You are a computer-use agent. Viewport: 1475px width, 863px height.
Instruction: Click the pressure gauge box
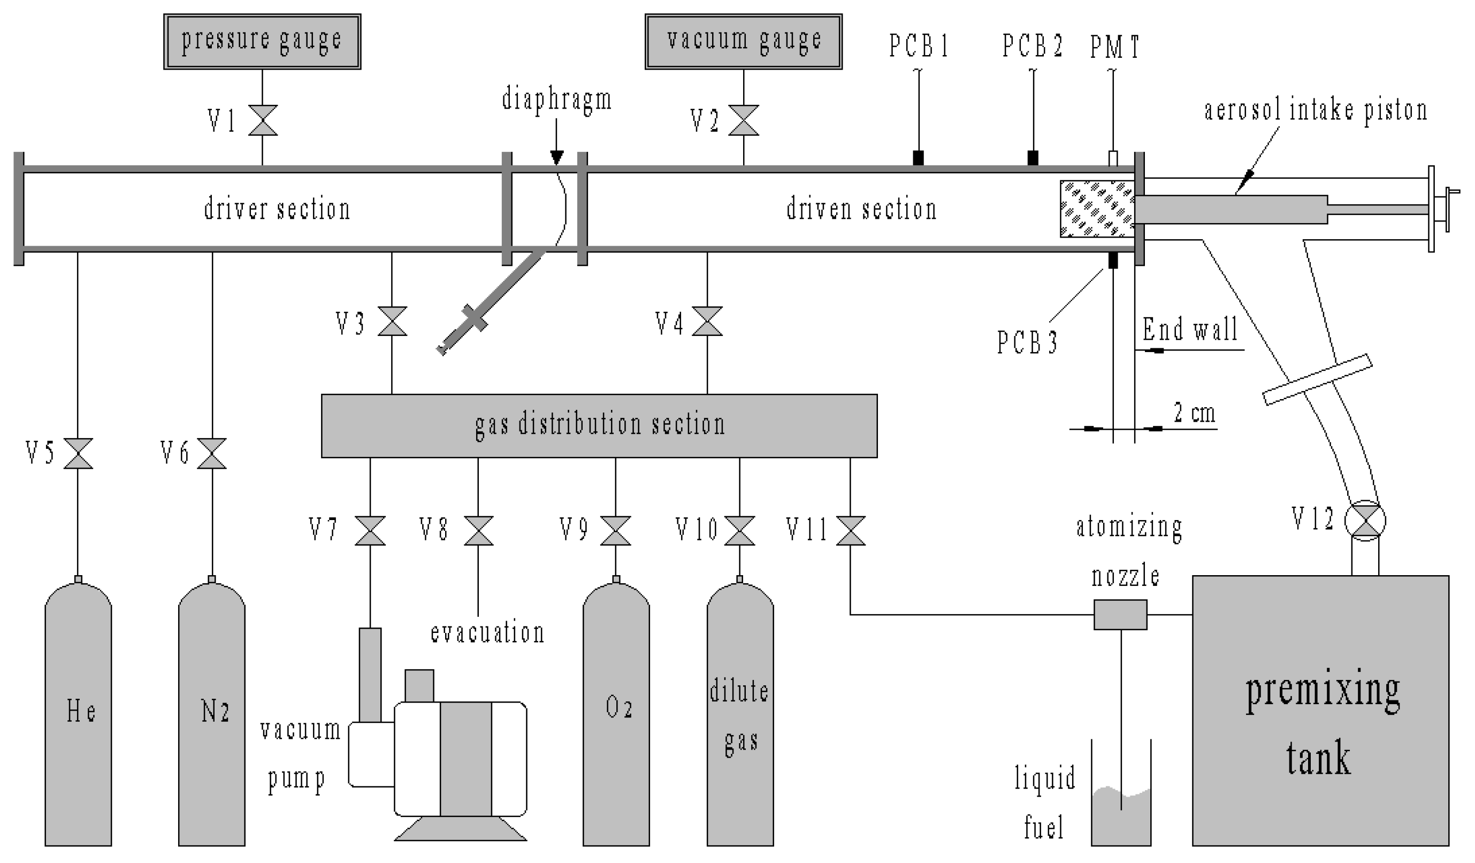(x=262, y=42)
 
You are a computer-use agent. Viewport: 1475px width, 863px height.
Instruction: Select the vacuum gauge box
(x=743, y=42)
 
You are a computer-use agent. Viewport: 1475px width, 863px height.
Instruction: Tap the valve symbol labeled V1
(x=262, y=120)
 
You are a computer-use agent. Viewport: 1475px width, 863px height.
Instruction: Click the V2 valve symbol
(x=743, y=120)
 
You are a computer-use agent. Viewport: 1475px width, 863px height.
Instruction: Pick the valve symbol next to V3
(x=392, y=321)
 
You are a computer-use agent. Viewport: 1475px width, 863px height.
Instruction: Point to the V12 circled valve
(x=1365, y=521)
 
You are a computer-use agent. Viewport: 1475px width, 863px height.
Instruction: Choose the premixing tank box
(x=1320, y=712)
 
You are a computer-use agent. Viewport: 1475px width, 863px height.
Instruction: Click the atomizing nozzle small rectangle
(x=1120, y=615)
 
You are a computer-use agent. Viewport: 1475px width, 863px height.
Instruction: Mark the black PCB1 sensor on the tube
(x=919, y=157)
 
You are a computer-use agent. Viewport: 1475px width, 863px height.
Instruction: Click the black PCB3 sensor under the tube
(x=1113, y=260)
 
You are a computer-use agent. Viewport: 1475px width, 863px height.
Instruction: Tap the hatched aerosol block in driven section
(x=1097, y=209)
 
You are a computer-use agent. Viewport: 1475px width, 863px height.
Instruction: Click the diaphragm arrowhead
(x=556, y=157)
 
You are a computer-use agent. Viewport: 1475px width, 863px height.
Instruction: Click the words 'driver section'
(x=277, y=210)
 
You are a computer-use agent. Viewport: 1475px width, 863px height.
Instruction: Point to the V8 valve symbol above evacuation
(x=478, y=530)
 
